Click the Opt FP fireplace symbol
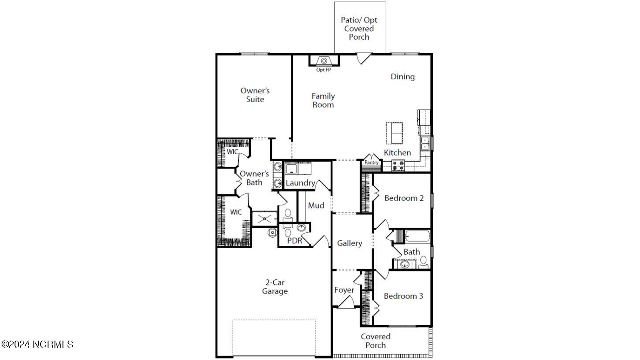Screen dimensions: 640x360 324,61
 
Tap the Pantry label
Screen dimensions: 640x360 372,162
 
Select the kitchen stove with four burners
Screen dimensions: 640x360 398,166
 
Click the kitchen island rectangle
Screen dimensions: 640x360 394,133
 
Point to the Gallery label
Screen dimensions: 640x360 350,243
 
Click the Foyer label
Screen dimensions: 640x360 344,290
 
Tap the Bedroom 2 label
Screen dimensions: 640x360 404,198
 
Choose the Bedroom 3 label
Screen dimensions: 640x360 403,296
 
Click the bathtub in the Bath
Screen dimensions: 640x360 417,236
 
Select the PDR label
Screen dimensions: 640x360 294,241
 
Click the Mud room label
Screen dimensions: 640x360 316,205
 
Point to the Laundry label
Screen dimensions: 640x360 301,183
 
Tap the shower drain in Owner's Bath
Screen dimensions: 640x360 264,219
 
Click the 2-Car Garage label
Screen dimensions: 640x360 275,287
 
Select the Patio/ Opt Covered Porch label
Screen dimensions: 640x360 359,29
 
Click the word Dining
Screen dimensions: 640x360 403,77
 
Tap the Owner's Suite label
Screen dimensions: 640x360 255,95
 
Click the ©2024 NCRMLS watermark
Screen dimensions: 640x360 37,344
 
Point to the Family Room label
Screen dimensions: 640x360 323,100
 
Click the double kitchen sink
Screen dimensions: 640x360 425,144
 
